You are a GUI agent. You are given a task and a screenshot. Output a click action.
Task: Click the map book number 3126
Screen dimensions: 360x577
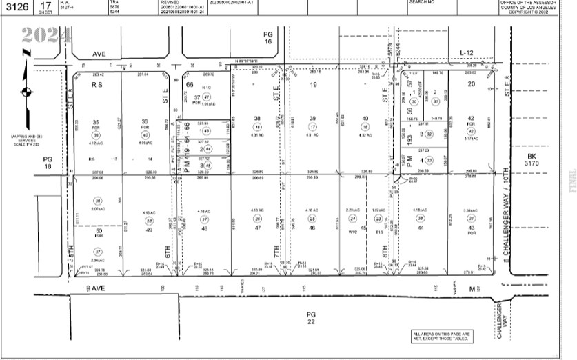click(18, 7)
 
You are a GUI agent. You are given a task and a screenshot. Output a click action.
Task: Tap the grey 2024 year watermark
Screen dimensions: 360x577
click(45, 34)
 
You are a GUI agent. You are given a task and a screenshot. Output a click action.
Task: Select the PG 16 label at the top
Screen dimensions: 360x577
click(269, 37)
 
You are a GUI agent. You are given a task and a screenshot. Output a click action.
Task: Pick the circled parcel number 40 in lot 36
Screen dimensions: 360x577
click(145, 135)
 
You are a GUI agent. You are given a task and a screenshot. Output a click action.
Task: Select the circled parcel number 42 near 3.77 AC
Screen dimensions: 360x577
click(471, 130)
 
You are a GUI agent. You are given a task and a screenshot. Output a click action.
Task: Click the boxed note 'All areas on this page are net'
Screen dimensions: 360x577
click(442, 336)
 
